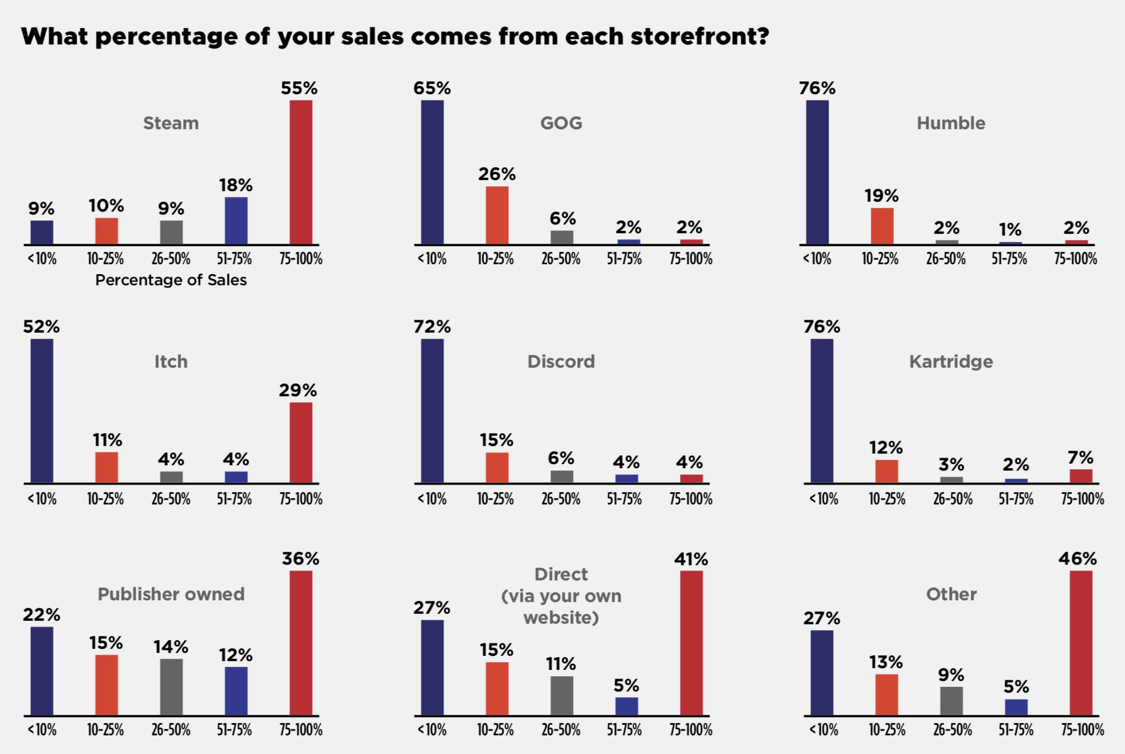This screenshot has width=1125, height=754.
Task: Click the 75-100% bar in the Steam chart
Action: click(x=301, y=172)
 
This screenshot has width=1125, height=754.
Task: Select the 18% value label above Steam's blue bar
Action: click(x=236, y=185)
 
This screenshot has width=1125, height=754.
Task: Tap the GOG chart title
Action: click(x=561, y=123)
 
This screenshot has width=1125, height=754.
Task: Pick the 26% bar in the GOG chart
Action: click(x=496, y=215)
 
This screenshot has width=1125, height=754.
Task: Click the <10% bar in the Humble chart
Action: click(x=817, y=172)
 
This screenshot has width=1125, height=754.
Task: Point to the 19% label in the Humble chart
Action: click(x=881, y=196)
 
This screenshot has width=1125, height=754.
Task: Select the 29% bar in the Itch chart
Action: click(x=301, y=442)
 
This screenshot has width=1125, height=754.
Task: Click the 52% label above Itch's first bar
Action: click(x=42, y=327)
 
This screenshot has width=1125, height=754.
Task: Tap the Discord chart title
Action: click(x=561, y=361)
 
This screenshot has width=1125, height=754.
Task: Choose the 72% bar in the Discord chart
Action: click(x=432, y=411)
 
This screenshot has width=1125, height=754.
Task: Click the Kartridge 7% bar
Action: click(x=1081, y=476)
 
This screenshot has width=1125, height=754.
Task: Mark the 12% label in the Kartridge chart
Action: click(x=886, y=448)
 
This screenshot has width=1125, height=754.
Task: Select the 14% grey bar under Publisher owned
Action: click(x=171, y=687)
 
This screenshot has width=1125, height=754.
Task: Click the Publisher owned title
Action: click(x=171, y=594)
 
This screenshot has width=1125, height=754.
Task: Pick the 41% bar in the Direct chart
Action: click(x=691, y=643)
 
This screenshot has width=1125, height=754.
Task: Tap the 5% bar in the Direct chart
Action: click(x=626, y=706)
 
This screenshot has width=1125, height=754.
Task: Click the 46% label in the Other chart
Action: click(x=1077, y=559)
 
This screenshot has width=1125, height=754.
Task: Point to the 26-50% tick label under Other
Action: click(x=952, y=730)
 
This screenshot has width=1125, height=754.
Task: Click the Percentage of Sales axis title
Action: click(x=171, y=280)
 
